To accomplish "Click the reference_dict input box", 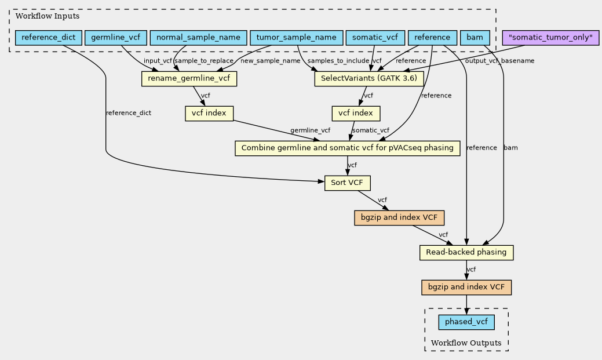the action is click(48, 38).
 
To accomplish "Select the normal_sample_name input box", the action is click(198, 38).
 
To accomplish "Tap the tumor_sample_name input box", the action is click(297, 38).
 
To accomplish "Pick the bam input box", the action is click(475, 38).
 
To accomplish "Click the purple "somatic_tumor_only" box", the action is click(550, 38).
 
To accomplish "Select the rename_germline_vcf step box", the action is click(189, 79).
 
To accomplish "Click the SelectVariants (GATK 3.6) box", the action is click(369, 79).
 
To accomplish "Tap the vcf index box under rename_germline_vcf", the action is click(209, 114).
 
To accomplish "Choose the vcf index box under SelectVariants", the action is click(356, 114).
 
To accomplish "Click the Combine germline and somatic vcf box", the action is click(348, 148).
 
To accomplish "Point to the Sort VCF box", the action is click(348, 183).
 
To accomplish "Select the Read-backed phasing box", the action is click(466, 253).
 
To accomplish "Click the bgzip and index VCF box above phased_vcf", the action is click(466, 288).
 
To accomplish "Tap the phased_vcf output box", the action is click(466, 322).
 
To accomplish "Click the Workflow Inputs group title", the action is click(48, 16).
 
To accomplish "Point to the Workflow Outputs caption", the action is click(466, 343).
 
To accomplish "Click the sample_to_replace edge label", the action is click(204, 61).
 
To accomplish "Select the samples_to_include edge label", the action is click(338, 61).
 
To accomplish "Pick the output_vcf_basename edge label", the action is click(499, 61).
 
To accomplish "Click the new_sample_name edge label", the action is click(270, 61).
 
